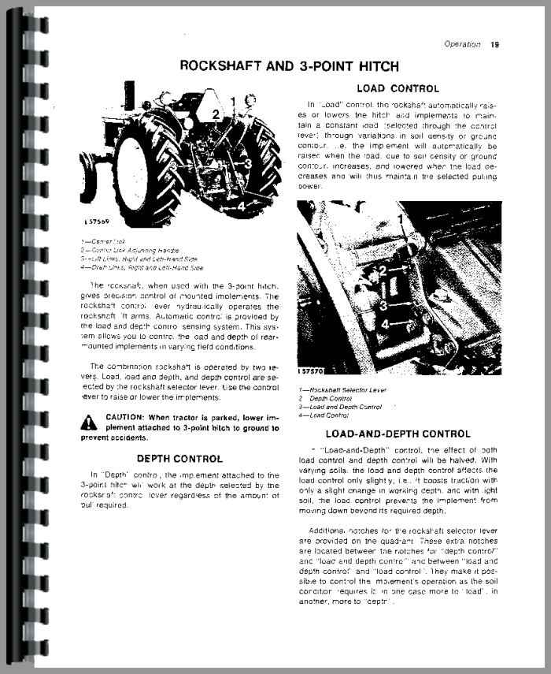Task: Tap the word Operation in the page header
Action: click(462, 44)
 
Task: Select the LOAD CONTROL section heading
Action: click(398, 88)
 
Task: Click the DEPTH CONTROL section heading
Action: click(180, 458)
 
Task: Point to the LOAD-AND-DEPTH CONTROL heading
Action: click(398, 434)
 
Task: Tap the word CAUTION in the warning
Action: click(124, 417)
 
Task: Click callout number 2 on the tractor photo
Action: click(215, 115)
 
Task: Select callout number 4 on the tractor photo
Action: click(241, 204)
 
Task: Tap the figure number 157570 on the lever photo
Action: click(313, 370)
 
